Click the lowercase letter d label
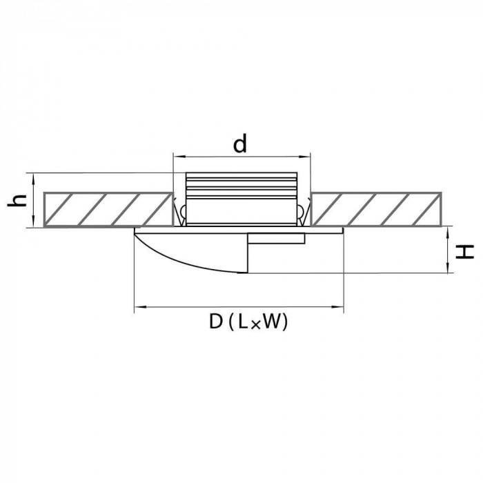240,144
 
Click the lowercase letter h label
16,201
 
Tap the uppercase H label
464,251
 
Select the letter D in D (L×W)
216,322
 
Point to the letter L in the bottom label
243,322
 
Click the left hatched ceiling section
108,210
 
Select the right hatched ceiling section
377,210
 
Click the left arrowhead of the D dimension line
139,307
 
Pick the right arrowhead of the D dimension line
338,307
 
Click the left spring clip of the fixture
180,212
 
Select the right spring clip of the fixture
303,212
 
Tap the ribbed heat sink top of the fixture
241,185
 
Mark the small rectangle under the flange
276,239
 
